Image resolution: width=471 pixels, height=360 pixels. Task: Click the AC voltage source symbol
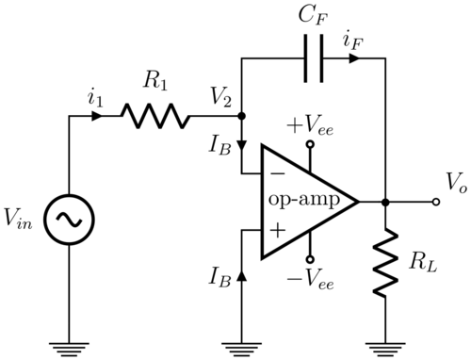pos(70,218)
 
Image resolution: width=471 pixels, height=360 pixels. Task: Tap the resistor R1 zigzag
pos(154,117)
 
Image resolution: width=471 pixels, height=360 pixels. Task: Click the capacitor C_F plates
pos(313,58)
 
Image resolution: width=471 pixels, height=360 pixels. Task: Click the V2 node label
pos(223,98)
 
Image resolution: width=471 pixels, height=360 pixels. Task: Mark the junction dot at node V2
pos(242,117)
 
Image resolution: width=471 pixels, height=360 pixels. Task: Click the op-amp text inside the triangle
pos(299,201)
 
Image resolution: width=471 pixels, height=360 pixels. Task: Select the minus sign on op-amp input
pos(277,174)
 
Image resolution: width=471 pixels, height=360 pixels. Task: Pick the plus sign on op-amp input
pos(277,228)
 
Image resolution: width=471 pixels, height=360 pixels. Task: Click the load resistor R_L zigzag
pos(385,267)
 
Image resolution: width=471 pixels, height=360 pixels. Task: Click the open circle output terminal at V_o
pos(435,201)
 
